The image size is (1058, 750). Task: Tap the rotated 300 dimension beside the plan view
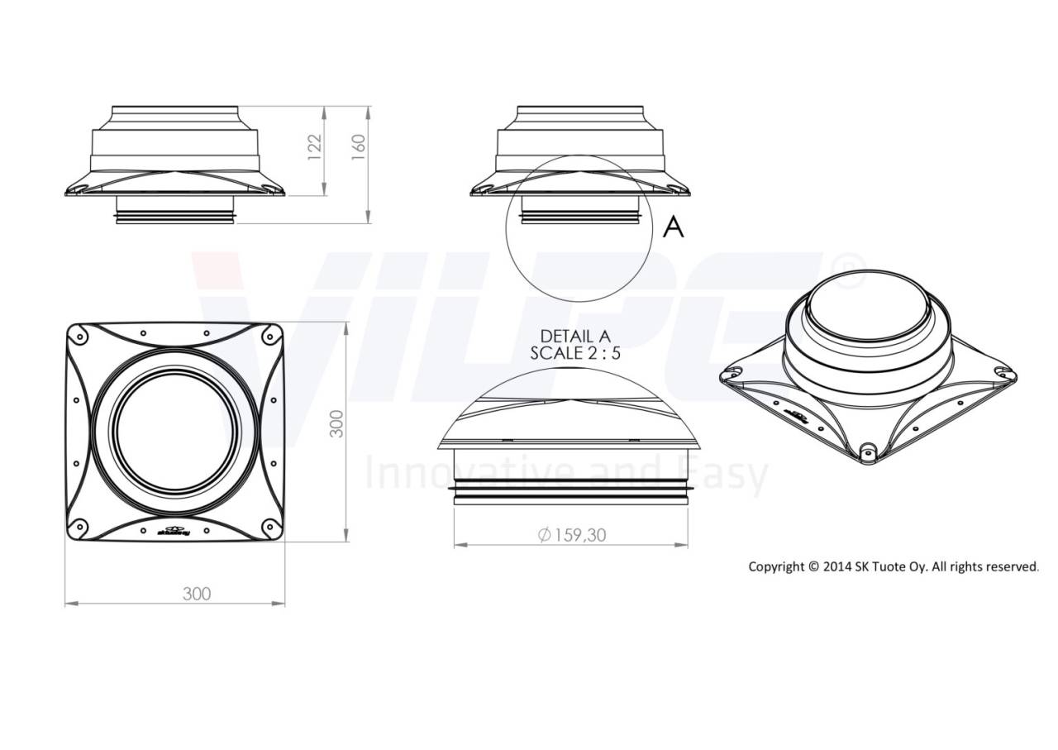click(337, 423)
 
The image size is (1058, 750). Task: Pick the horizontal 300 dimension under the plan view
click(197, 594)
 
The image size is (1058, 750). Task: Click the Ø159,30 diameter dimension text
click(571, 535)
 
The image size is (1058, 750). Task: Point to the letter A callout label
click(674, 227)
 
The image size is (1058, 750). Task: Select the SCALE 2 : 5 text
click(577, 352)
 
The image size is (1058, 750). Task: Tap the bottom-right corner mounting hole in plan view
click(270, 527)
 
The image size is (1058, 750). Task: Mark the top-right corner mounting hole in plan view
click(270, 335)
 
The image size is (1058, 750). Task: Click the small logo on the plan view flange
click(174, 532)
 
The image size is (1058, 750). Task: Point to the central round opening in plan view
click(174, 431)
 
